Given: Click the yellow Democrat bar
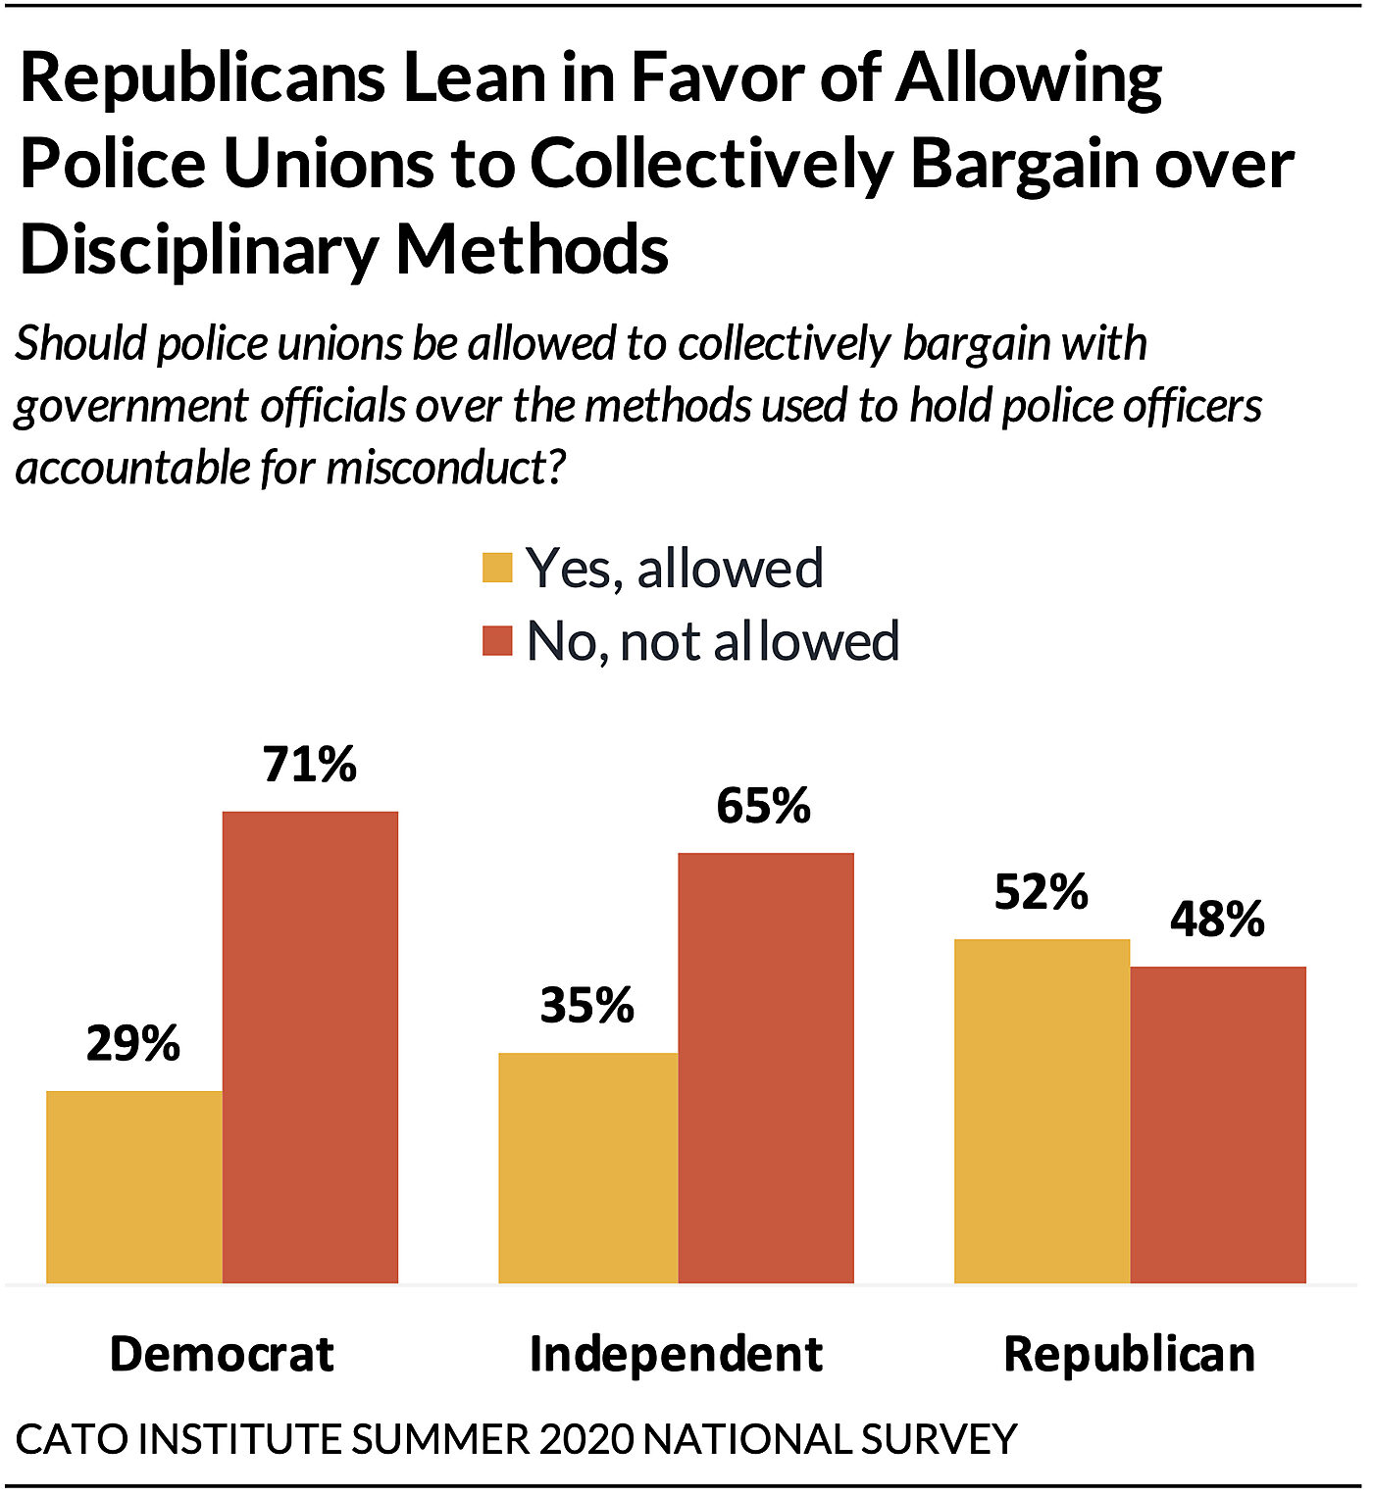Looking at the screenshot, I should pyautogui.click(x=134, y=1186).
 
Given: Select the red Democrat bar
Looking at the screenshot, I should pyautogui.click(x=310, y=1047).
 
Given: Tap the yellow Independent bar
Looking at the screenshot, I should pyautogui.click(x=587, y=1168).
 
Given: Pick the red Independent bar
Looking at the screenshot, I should pyautogui.click(x=765, y=1068).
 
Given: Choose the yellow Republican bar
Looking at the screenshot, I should pyautogui.click(x=1042, y=1111).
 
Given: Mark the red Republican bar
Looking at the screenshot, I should pyautogui.click(x=1218, y=1124).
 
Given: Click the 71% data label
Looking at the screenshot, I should pyautogui.click(x=310, y=765).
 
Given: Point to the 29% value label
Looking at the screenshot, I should pyautogui.click(x=133, y=1043).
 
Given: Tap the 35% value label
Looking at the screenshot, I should pyautogui.click(x=587, y=1005).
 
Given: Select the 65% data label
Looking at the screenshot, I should pyautogui.click(x=764, y=806).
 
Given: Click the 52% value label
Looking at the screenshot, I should pyautogui.click(x=1042, y=892).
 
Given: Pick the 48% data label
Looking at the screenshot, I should pyautogui.click(x=1218, y=920).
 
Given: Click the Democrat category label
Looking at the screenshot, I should pyautogui.click(x=222, y=1354).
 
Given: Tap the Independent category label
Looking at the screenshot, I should pyautogui.click(x=676, y=1354).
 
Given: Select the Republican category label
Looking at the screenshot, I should pyautogui.click(x=1130, y=1354).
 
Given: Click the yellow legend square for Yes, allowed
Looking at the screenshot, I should pyautogui.click(x=497, y=568).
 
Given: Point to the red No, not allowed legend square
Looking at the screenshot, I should pyautogui.click(x=497, y=641).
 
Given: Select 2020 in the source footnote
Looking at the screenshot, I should pyautogui.click(x=586, y=1439).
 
